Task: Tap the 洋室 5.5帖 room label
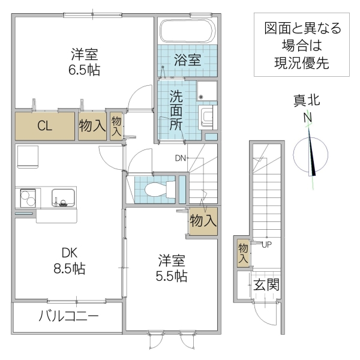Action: [x=172, y=268]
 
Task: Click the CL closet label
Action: [x=44, y=126]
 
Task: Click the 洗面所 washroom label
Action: [x=176, y=110]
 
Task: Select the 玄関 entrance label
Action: [x=265, y=284]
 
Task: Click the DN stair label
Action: [x=181, y=158]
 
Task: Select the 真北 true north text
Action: [x=307, y=100]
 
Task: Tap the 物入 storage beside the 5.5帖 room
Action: [x=202, y=220]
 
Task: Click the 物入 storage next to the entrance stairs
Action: [x=243, y=252]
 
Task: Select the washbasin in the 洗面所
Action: [x=207, y=115]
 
